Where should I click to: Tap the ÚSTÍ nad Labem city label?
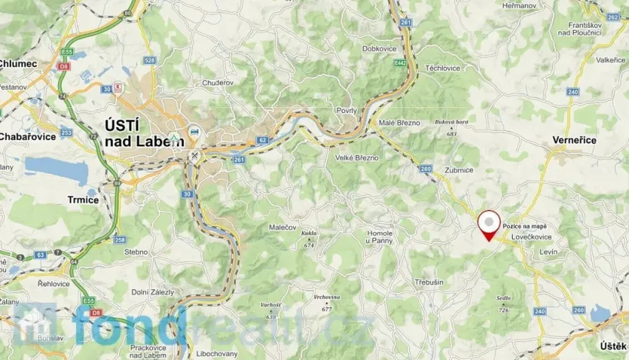pyautogui.click(x=145, y=134)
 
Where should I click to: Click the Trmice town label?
pyautogui.click(x=83, y=199)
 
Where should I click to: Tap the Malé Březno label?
pyautogui.click(x=398, y=122)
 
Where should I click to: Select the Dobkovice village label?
pyautogui.click(x=379, y=48)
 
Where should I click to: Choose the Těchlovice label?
pyautogui.click(x=443, y=68)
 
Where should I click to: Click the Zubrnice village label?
pyautogui.click(x=458, y=170)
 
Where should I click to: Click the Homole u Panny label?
pyautogui.click(x=379, y=237)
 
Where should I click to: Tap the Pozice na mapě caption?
pyautogui.click(x=526, y=226)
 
